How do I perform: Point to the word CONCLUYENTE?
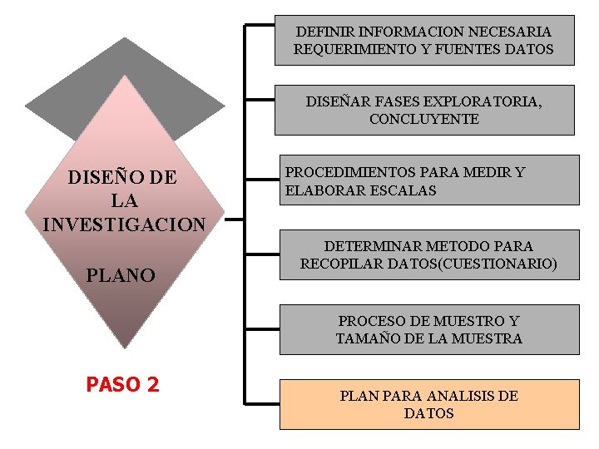[x=424, y=119]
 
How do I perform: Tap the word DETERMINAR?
[x=372, y=246]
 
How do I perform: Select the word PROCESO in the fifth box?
[x=370, y=321]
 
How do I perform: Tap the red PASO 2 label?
[x=122, y=385]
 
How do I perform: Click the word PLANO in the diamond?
[x=121, y=275]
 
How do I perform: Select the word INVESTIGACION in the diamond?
[x=124, y=224]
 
